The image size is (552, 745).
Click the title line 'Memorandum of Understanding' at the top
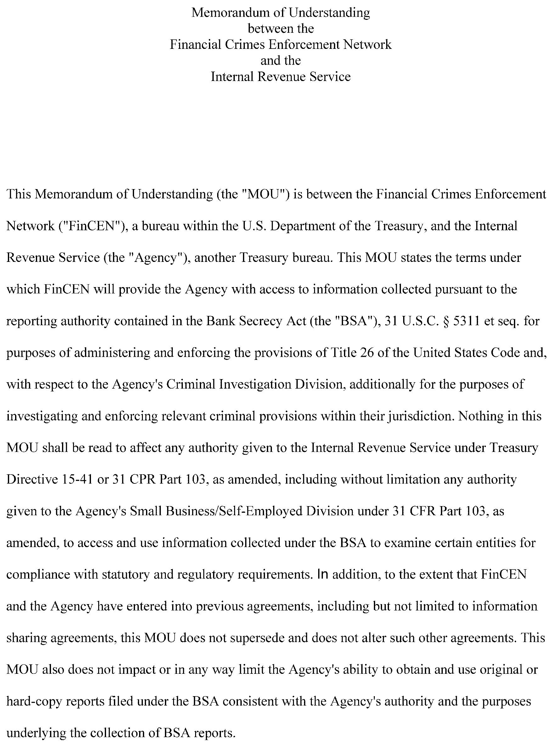coord(280,13)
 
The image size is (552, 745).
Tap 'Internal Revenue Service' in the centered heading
coord(280,77)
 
